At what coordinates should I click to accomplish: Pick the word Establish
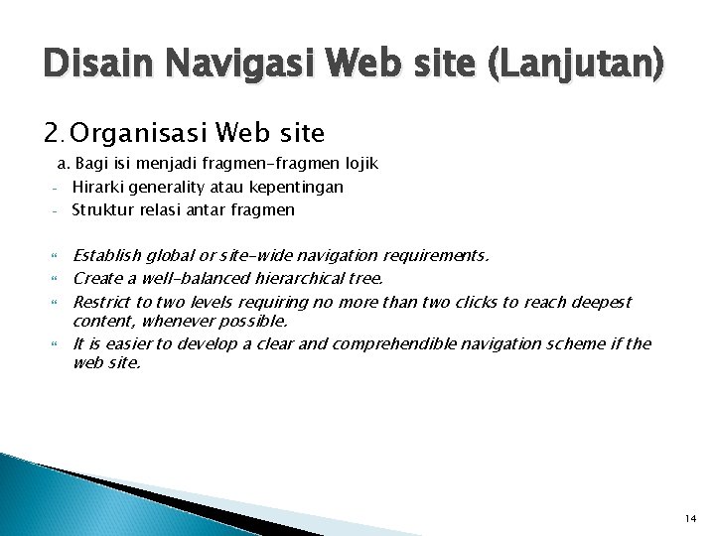click(x=106, y=255)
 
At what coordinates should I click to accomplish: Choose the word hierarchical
click(x=304, y=278)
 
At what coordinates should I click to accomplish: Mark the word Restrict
click(x=101, y=301)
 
